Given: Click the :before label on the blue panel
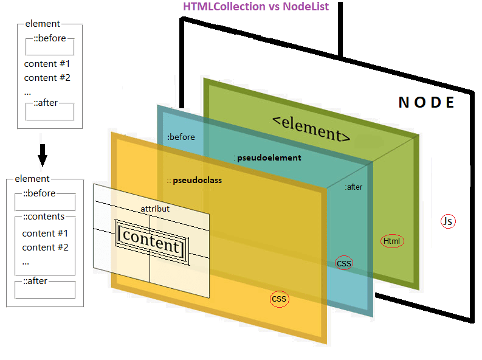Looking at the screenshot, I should pyautogui.click(x=181, y=137).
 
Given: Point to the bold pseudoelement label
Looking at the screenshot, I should pyautogui.click(x=268, y=157).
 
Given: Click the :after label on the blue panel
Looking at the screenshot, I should pyautogui.click(x=353, y=187).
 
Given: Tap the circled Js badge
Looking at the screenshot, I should pyautogui.click(x=448, y=221).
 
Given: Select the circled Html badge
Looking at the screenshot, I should pyautogui.click(x=392, y=241).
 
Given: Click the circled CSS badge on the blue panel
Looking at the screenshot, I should pyautogui.click(x=344, y=263).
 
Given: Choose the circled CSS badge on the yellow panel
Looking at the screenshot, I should pyautogui.click(x=279, y=299).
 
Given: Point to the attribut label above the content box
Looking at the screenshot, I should pyautogui.click(x=155, y=209).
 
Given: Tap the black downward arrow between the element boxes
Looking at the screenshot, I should pyautogui.click(x=42, y=157).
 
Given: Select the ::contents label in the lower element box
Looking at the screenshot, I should pyautogui.click(x=44, y=217).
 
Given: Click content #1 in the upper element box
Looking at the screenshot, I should pyautogui.click(x=47, y=64).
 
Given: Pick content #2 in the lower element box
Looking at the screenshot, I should pyautogui.click(x=45, y=247).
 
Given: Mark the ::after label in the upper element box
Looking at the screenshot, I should pyautogui.click(x=46, y=103).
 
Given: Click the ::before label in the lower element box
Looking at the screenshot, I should pyautogui.click(x=39, y=193).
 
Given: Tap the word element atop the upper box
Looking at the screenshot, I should pyautogui.click(x=43, y=24).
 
